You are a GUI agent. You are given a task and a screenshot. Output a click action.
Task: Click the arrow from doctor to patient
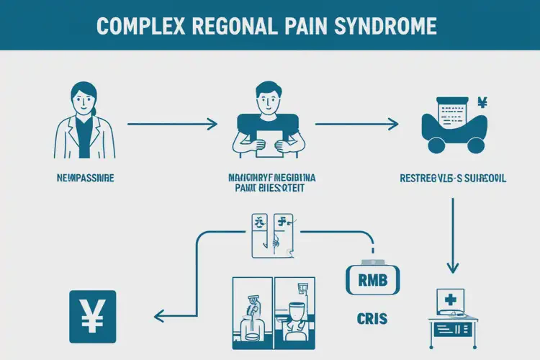pos(172,125)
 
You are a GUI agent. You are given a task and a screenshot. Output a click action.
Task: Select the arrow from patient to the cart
pos(356,125)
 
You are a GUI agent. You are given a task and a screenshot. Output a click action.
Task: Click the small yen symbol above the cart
pos(482,103)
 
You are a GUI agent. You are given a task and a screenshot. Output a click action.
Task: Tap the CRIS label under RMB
pos(369,317)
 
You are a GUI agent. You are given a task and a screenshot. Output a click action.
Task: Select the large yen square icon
pos(91,316)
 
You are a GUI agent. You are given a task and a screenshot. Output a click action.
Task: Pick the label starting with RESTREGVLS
pos(451,176)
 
